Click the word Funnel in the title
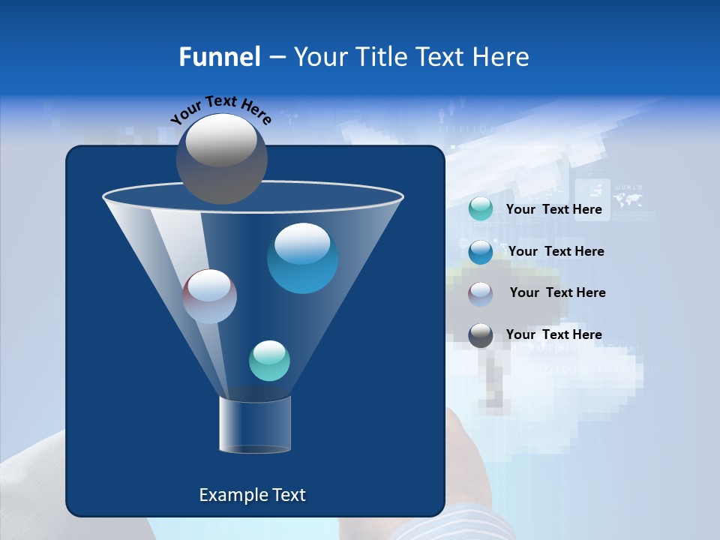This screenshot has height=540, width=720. pos(220,57)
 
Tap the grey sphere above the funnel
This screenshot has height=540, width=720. pos(222,158)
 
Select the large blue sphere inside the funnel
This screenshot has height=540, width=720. pos(302,258)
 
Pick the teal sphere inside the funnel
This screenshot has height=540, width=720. pos(269,361)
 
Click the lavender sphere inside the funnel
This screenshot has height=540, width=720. pos(209,296)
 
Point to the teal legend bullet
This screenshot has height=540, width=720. pos(481,209)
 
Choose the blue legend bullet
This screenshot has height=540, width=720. pos(481,251)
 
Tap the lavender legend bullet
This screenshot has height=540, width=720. pos(481,293)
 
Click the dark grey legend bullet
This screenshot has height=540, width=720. pos(481,335)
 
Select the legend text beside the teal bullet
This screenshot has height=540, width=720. pos(553,209)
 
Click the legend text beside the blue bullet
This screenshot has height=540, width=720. pos(556,251)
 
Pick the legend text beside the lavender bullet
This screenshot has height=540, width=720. pos(557,292)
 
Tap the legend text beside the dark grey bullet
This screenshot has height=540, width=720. pos(553,334)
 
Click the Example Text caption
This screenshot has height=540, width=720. pos(252,495)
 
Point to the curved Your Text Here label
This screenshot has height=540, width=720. pos(220,109)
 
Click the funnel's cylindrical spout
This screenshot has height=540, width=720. pos(254,424)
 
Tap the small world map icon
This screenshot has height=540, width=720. pos(628,199)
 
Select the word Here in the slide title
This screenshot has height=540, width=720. pos(501,57)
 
